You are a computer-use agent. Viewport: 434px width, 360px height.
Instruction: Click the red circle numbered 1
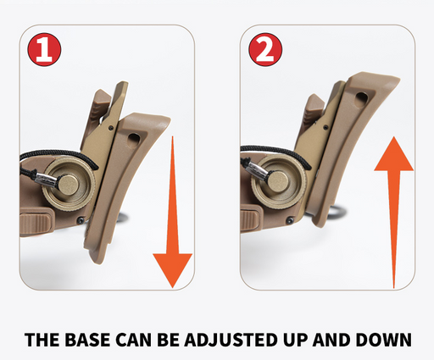coord(44,50)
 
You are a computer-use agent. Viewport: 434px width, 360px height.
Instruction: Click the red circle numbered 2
coord(265,50)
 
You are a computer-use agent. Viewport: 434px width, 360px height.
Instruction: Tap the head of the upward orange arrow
coord(393,153)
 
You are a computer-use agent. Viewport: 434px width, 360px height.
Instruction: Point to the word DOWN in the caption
coord(383,340)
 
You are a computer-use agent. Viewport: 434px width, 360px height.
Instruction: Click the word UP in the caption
coord(293,340)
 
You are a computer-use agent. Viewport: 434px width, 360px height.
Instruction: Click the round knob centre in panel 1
coord(68,185)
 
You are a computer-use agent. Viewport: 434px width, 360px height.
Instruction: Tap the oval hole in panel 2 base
coord(361,100)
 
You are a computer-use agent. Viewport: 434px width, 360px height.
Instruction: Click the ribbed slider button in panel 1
coord(36,221)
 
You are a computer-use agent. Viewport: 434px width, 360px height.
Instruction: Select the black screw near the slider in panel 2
coord(290,220)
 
